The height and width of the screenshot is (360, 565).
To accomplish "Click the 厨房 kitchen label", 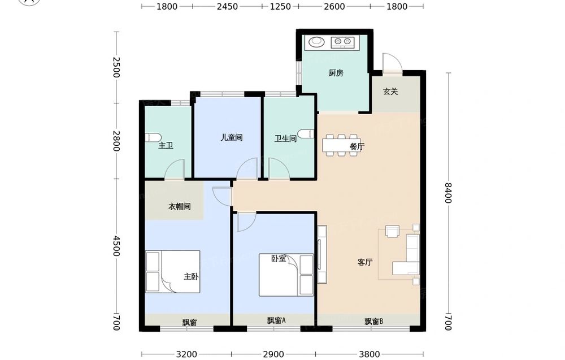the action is click(336, 73).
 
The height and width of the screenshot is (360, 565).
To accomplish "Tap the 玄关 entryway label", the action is click(390, 92).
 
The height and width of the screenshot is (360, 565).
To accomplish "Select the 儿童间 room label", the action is click(231, 138).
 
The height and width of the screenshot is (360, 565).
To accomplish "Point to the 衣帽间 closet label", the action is click(180, 206).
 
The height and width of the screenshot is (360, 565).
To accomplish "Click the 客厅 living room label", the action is click(365, 262).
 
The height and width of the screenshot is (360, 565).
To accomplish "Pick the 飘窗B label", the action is click(373, 321).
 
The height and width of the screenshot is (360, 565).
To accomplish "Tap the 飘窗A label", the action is click(276, 320).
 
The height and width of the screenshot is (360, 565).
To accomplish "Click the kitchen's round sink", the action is click(316, 42).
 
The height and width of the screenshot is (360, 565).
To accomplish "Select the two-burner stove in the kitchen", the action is click(343, 42).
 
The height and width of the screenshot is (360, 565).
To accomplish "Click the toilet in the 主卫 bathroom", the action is click(153, 137).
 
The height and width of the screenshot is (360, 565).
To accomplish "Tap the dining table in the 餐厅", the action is click(341, 145).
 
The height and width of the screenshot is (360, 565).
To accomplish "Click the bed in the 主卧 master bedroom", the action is click(172, 271).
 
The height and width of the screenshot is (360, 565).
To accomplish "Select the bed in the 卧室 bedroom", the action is click(286, 275).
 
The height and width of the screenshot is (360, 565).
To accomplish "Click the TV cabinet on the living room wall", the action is click(322, 254).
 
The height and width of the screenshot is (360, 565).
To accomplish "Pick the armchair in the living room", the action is click(393, 231).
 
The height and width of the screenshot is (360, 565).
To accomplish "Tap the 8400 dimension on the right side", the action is click(448, 193).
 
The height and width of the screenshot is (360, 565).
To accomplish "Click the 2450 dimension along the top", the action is click(227, 6).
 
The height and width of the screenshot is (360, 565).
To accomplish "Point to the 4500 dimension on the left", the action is click(116, 246).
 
